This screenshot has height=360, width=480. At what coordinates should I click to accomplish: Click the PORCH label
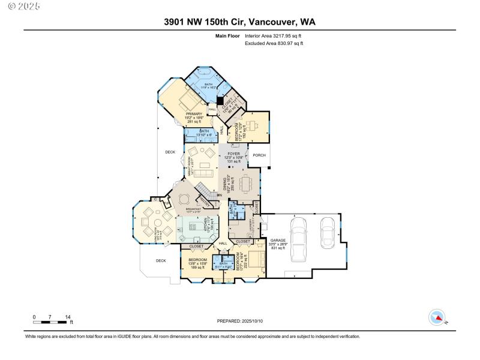pyautogui.click(x=260, y=154)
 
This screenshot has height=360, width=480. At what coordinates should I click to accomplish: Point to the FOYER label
pyautogui.click(x=233, y=154)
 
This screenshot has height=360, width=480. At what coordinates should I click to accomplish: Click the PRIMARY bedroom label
pyautogui.click(x=194, y=113)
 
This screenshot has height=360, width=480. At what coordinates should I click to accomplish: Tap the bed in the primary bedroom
pyautogui.click(x=186, y=98)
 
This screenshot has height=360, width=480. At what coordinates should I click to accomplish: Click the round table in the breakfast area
pyautogui.click(x=184, y=199)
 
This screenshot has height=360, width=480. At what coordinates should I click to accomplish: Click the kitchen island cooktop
pyautogui.click(x=194, y=227)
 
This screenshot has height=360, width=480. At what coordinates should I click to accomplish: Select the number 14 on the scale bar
pyautogui.click(x=68, y=317)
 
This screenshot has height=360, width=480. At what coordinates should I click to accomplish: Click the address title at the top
pyautogui.click(x=240, y=22)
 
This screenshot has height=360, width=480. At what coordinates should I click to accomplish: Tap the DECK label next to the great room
pyautogui.click(x=170, y=152)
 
